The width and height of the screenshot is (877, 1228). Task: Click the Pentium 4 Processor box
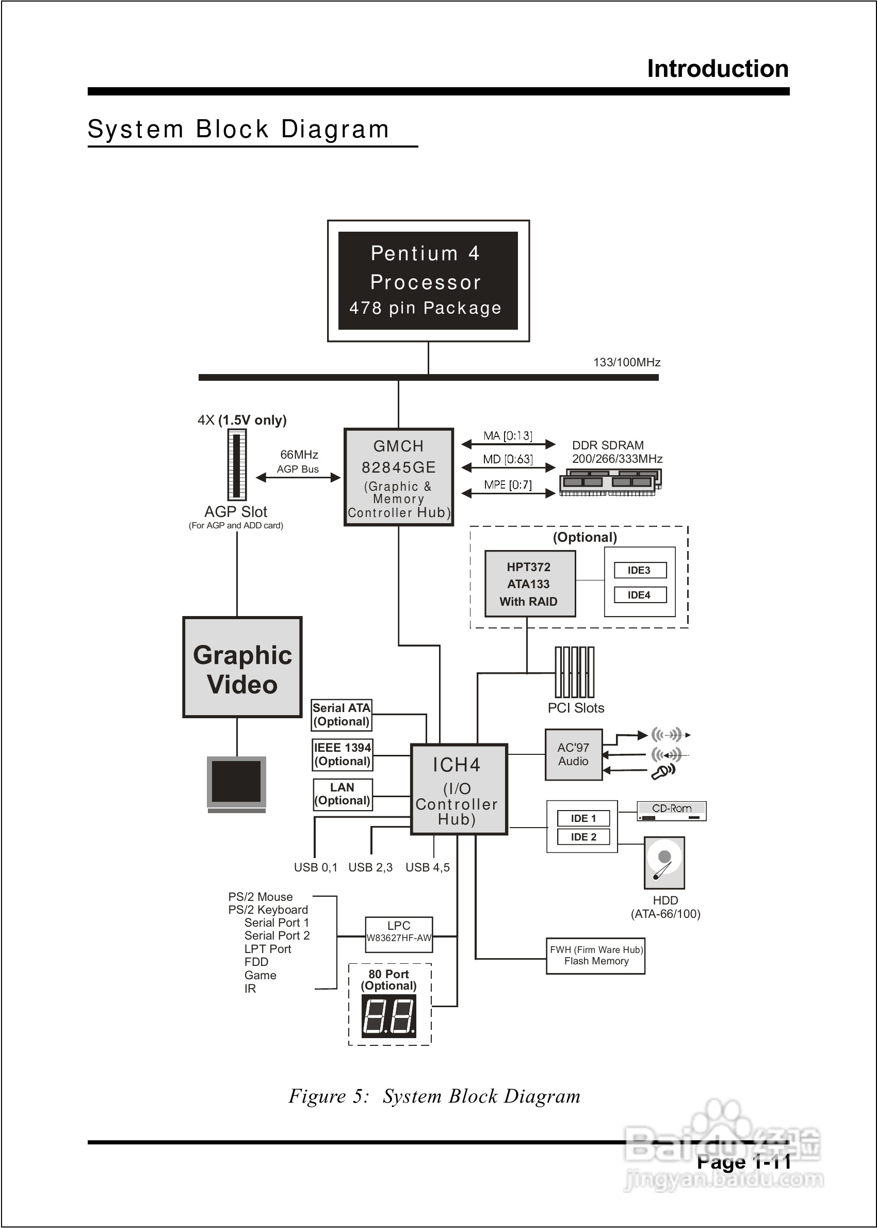click(x=428, y=280)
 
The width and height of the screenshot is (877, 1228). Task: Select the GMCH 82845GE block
click(x=399, y=477)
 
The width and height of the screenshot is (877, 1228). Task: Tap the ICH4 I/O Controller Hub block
click(x=459, y=789)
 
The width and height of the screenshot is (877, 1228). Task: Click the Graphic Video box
click(x=242, y=668)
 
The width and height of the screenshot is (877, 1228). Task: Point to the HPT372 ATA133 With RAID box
click(x=529, y=584)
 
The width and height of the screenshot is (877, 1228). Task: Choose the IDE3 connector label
click(x=639, y=570)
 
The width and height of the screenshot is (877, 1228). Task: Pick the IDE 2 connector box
click(x=583, y=837)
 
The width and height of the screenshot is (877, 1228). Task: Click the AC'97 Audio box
click(x=573, y=754)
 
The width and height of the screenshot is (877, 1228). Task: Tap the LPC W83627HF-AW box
click(x=399, y=934)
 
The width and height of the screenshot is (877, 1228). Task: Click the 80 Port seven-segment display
click(x=389, y=1017)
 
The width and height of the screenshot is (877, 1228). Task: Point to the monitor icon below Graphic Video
click(x=236, y=783)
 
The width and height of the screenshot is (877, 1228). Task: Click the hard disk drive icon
click(x=664, y=863)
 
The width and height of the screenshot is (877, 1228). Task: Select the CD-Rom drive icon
click(x=671, y=811)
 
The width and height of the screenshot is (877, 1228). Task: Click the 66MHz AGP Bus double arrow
click(x=298, y=477)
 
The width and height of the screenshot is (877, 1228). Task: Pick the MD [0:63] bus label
click(x=508, y=459)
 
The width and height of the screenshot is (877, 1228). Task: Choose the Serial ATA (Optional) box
click(x=342, y=715)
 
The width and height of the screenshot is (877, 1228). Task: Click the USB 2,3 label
click(x=370, y=867)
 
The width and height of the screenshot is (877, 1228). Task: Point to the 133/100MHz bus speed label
click(x=626, y=362)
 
